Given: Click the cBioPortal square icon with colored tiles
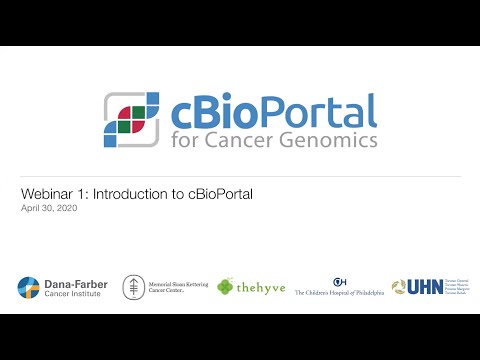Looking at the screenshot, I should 131,122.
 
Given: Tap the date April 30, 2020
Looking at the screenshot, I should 48,208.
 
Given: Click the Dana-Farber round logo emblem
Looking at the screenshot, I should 28,287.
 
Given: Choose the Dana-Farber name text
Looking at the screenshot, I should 74,282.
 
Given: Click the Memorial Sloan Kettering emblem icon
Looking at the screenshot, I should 131,287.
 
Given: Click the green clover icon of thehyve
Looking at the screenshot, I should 226,286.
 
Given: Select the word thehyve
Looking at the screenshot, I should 261,288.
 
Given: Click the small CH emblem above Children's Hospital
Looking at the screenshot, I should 340,280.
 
